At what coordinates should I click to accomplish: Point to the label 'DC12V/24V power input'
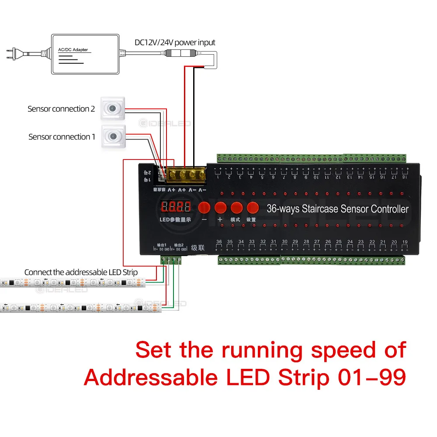(x=175, y=42)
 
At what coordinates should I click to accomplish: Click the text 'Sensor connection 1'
(x=62, y=137)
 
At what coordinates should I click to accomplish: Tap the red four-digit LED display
(x=176, y=207)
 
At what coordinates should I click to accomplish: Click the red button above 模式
(x=236, y=207)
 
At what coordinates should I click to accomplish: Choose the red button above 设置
(x=253, y=207)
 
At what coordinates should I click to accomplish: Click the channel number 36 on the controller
(x=219, y=242)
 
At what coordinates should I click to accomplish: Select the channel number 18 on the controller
(x=404, y=177)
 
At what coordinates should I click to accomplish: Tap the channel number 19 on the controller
(x=405, y=242)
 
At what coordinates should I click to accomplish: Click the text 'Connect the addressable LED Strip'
(x=81, y=272)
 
